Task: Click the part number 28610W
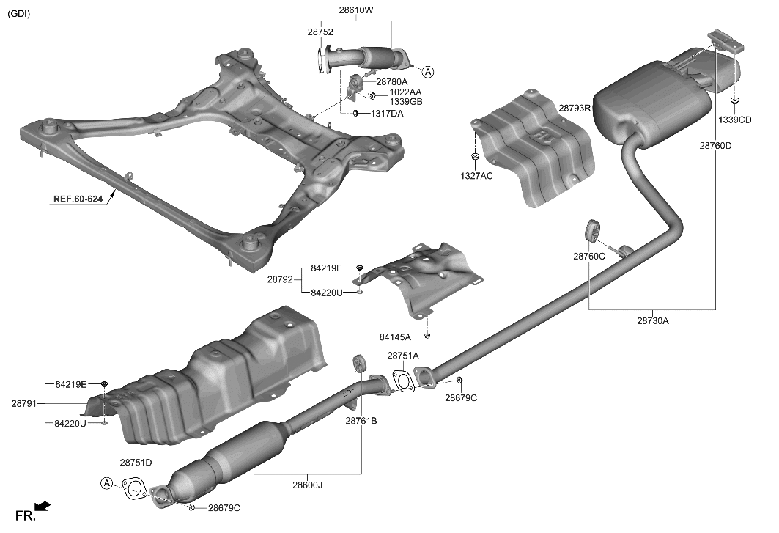click(x=356, y=10)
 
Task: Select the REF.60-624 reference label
click(x=78, y=198)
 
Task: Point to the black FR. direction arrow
click(x=43, y=505)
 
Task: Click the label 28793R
click(x=575, y=108)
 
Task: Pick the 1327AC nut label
click(x=476, y=177)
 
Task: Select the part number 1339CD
click(x=734, y=120)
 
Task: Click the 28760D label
click(x=715, y=145)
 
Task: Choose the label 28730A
click(x=652, y=320)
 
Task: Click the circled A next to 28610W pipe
click(x=428, y=72)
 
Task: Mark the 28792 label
click(x=280, y=279)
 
